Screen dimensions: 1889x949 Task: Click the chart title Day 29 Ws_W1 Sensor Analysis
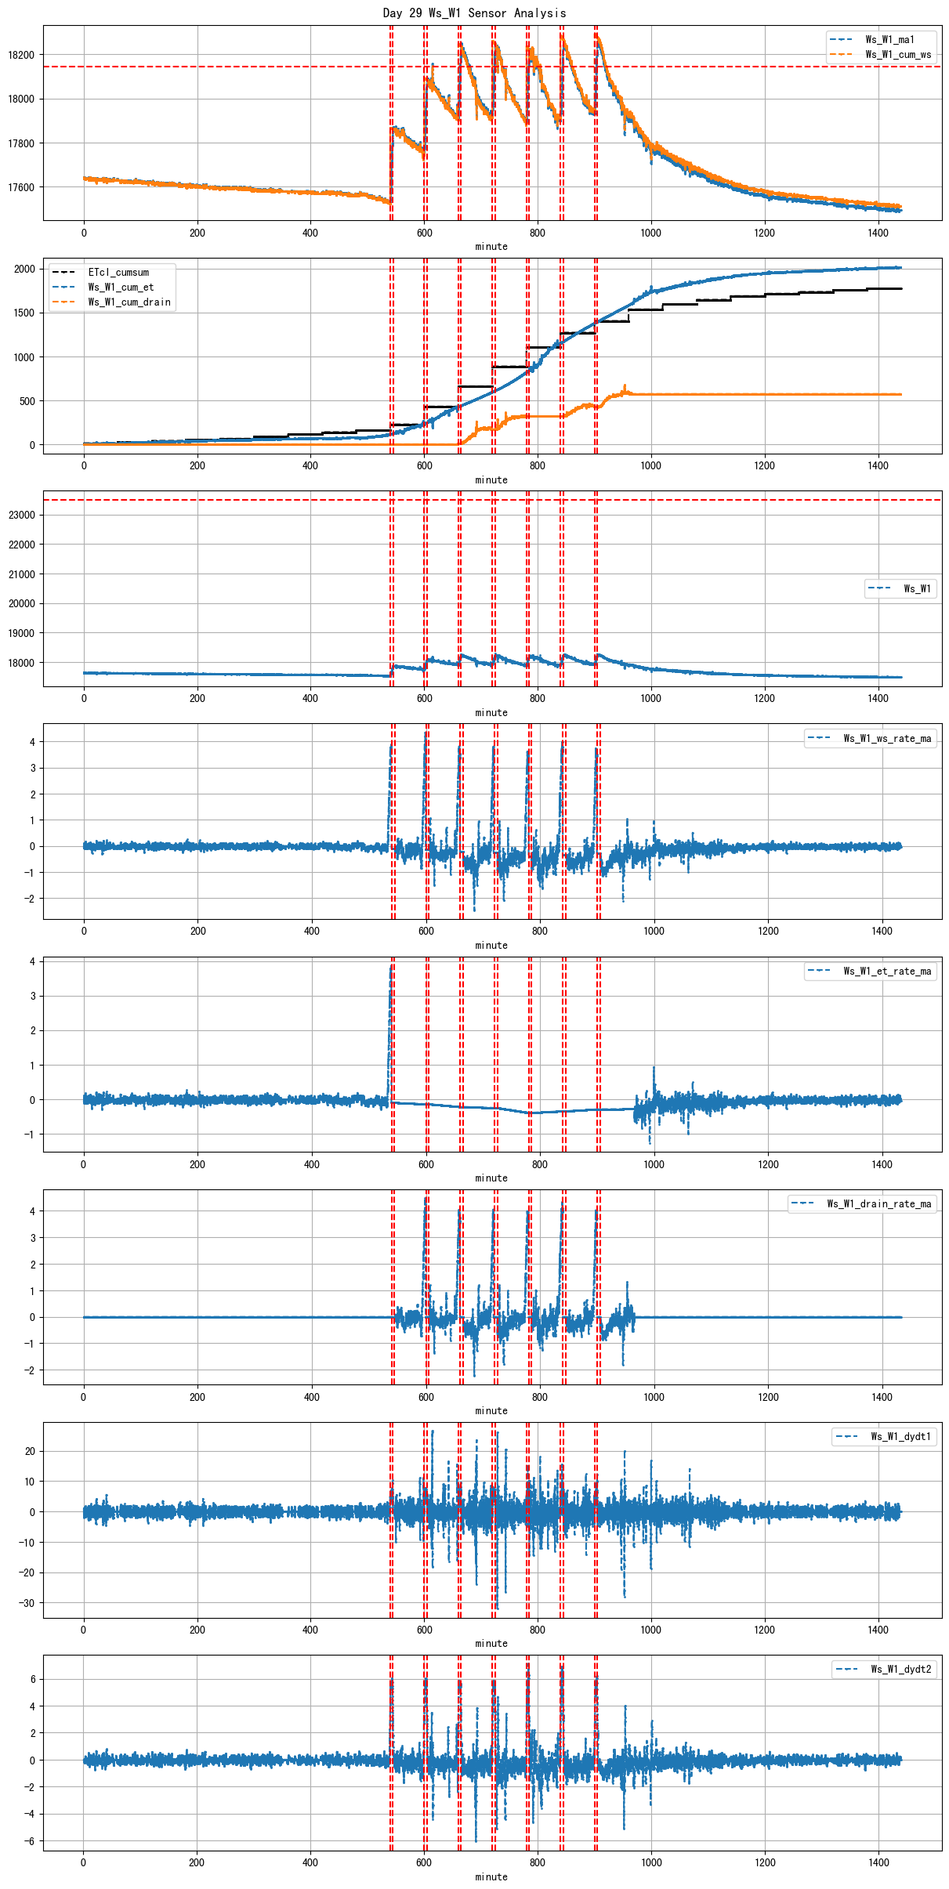(474, 13)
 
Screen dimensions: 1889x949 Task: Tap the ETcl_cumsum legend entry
(118, 273)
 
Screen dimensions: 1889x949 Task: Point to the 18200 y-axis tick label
(21, 55)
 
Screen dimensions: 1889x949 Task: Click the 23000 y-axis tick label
(21, 515)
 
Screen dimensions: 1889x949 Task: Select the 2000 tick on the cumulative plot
(24, 269)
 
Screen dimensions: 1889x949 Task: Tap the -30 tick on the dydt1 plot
(27, 1603)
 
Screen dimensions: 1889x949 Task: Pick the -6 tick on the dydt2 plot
(30, 1841)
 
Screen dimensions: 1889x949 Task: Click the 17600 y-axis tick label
(21, 187)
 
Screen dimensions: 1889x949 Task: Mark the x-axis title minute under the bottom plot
(491, 1876)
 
